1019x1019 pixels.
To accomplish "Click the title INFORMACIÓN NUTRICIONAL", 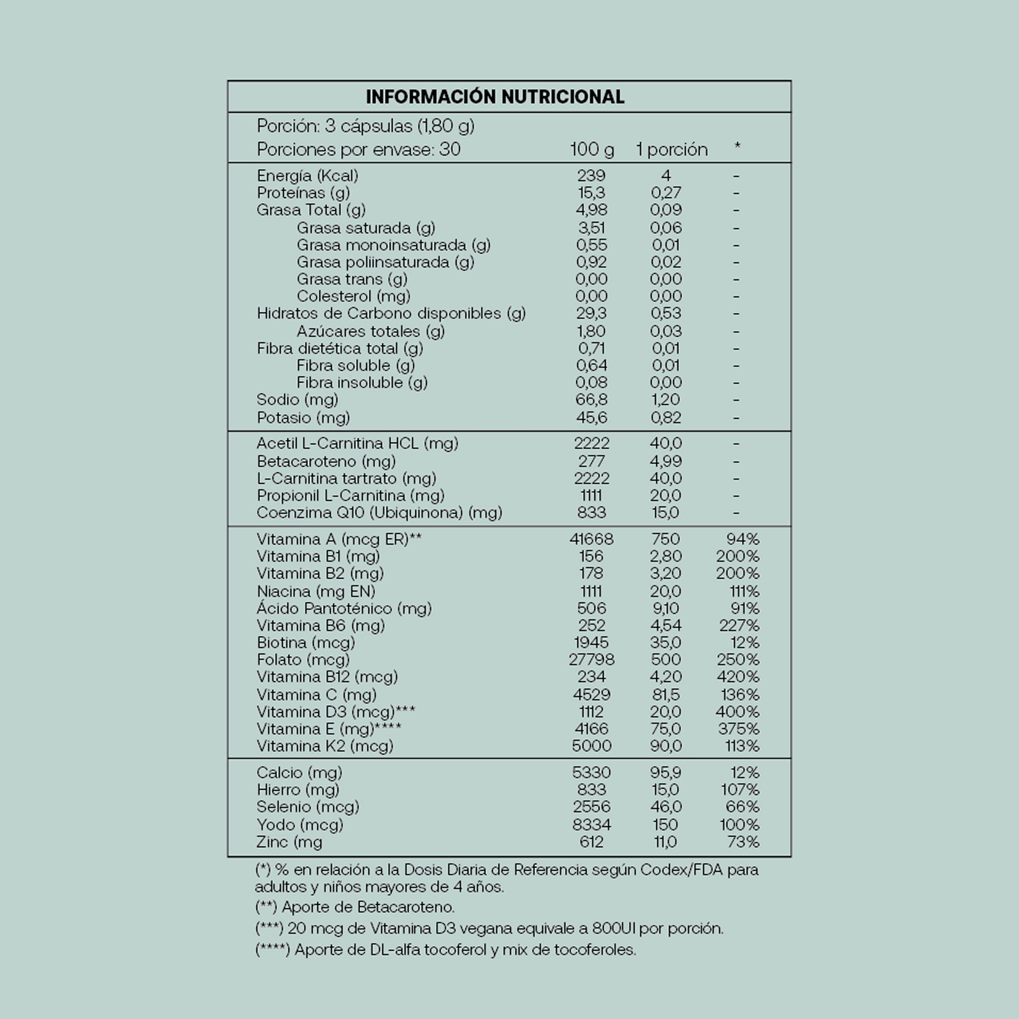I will click(x=495, y=96).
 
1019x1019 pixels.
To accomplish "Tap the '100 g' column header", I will click(x=592, y=150).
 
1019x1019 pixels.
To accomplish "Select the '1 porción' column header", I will click(x=672, y=150).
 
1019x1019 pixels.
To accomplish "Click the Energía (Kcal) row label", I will click(x=308, y=176).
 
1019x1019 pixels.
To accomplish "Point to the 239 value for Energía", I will click(x=591, y=176).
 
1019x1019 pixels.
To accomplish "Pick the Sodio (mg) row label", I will click(x=298, y=400).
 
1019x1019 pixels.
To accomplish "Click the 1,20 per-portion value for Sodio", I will click(x=665, y=400).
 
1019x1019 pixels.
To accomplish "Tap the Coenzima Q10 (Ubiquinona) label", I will click(x=379, y=513).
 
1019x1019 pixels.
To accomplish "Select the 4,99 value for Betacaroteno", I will click(x=665, y=462).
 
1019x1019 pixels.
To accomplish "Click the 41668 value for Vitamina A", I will click(x=591, y=539).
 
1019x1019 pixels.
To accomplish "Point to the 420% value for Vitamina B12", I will click(x=738, y=677).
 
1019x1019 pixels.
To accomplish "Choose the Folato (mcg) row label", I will click(x=303, y=660).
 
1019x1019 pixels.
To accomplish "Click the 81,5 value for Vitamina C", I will click(x=665, y=694).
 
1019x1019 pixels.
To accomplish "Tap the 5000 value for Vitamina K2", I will click(x=591, y=746).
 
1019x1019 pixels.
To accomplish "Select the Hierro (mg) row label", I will click(x=298, y=790).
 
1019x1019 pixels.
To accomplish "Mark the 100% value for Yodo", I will click(x=739, y=824).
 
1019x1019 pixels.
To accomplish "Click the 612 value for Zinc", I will click(x=591, y=842).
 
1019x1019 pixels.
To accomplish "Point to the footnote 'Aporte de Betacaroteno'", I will click(x=355, y=907).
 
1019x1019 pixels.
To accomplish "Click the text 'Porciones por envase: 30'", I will click(x=359, y=150).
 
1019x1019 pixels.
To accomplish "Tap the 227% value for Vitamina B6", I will click(x=739, y=626).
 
